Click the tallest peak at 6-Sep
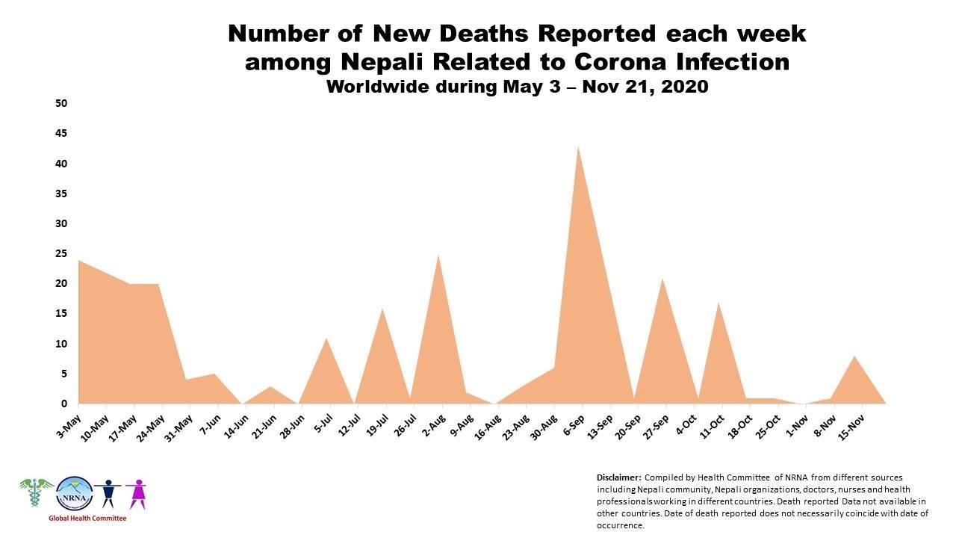[x=578, y=146]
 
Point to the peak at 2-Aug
[x=438, y=255]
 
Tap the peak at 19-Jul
[x=382, y=309]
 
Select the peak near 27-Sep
[x=662, y=279]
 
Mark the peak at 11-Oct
[x=718, y=303]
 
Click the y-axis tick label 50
[x=61, y=103]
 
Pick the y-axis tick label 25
[x=61, y=253]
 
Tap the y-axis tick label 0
[x=64, y=403]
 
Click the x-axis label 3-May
[x=68, y=426]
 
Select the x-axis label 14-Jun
[x=237, y=427]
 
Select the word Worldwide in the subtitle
[x=377, y=87]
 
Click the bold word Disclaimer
[x=619, y=477]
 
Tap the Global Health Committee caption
[x=87, y=519]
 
